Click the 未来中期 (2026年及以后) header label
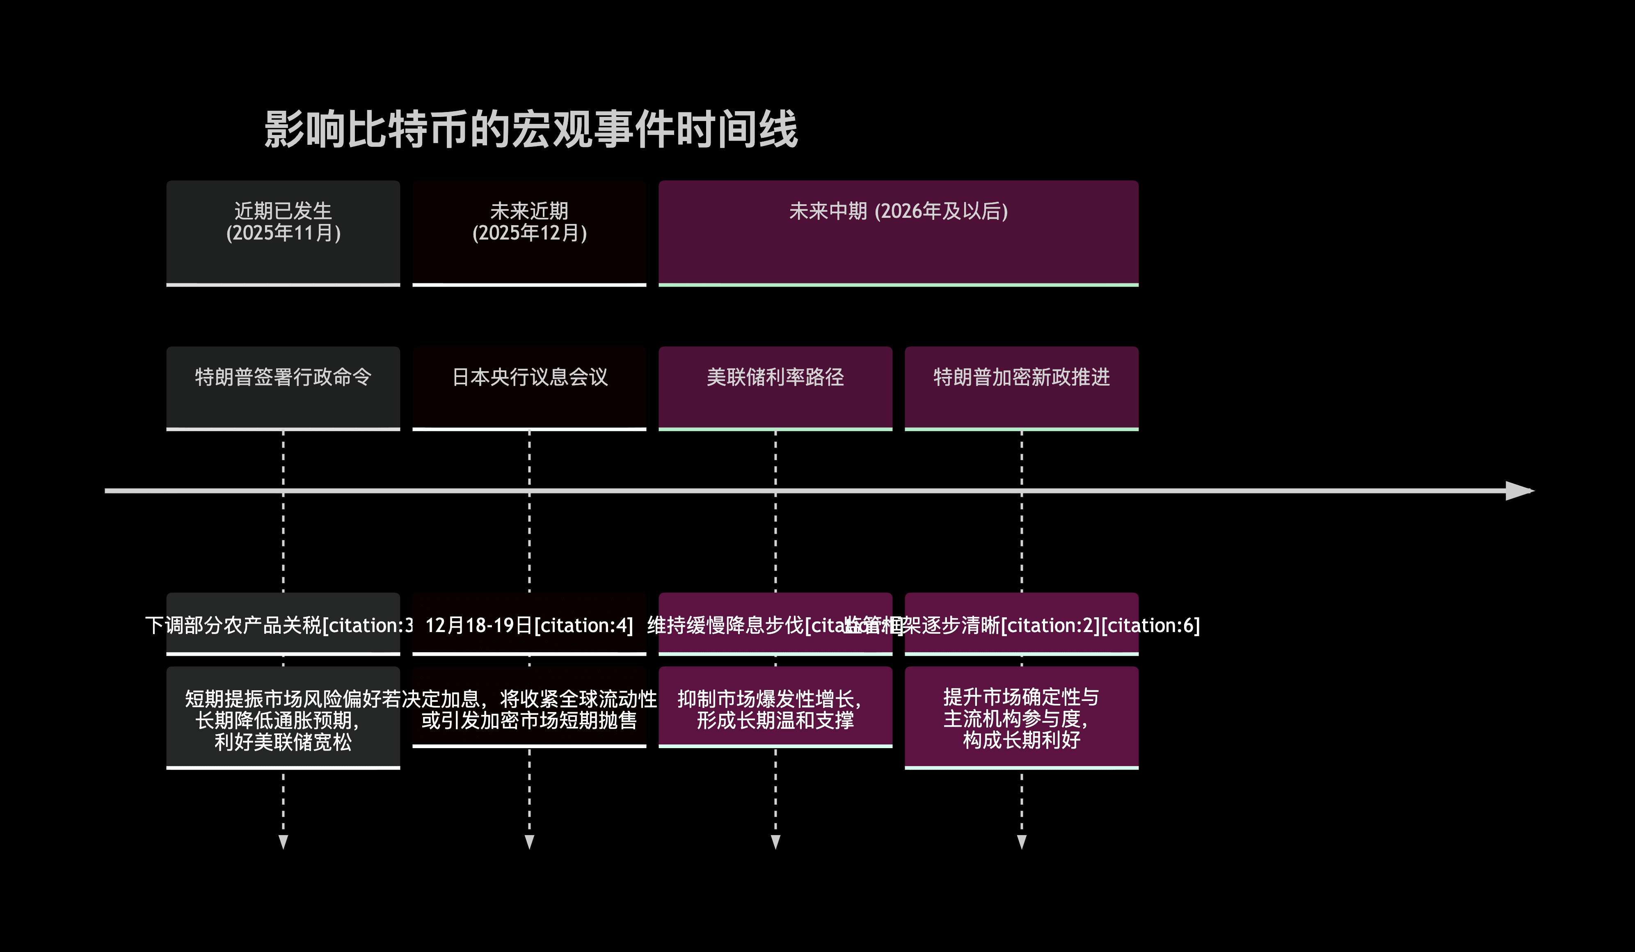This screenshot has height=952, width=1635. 898,211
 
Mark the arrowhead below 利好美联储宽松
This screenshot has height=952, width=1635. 283,842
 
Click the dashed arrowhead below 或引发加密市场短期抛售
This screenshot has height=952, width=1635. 529,842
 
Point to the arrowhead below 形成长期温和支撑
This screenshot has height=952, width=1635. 775,842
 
